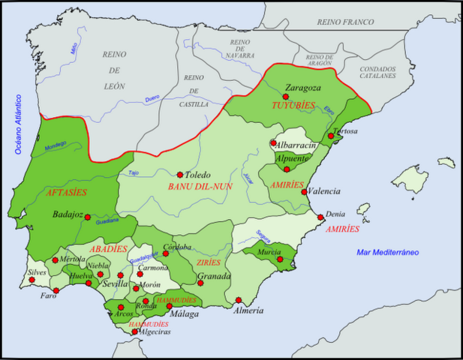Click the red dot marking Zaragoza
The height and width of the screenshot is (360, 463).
pos(285,96)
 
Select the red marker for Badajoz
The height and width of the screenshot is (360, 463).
pos(88,217)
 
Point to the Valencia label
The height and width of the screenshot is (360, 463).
pos(324,192)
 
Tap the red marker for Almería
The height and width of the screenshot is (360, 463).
pos(238,300)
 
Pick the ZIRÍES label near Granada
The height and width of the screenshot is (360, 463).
pos(208,263)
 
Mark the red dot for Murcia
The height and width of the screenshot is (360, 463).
pos(280,259)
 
